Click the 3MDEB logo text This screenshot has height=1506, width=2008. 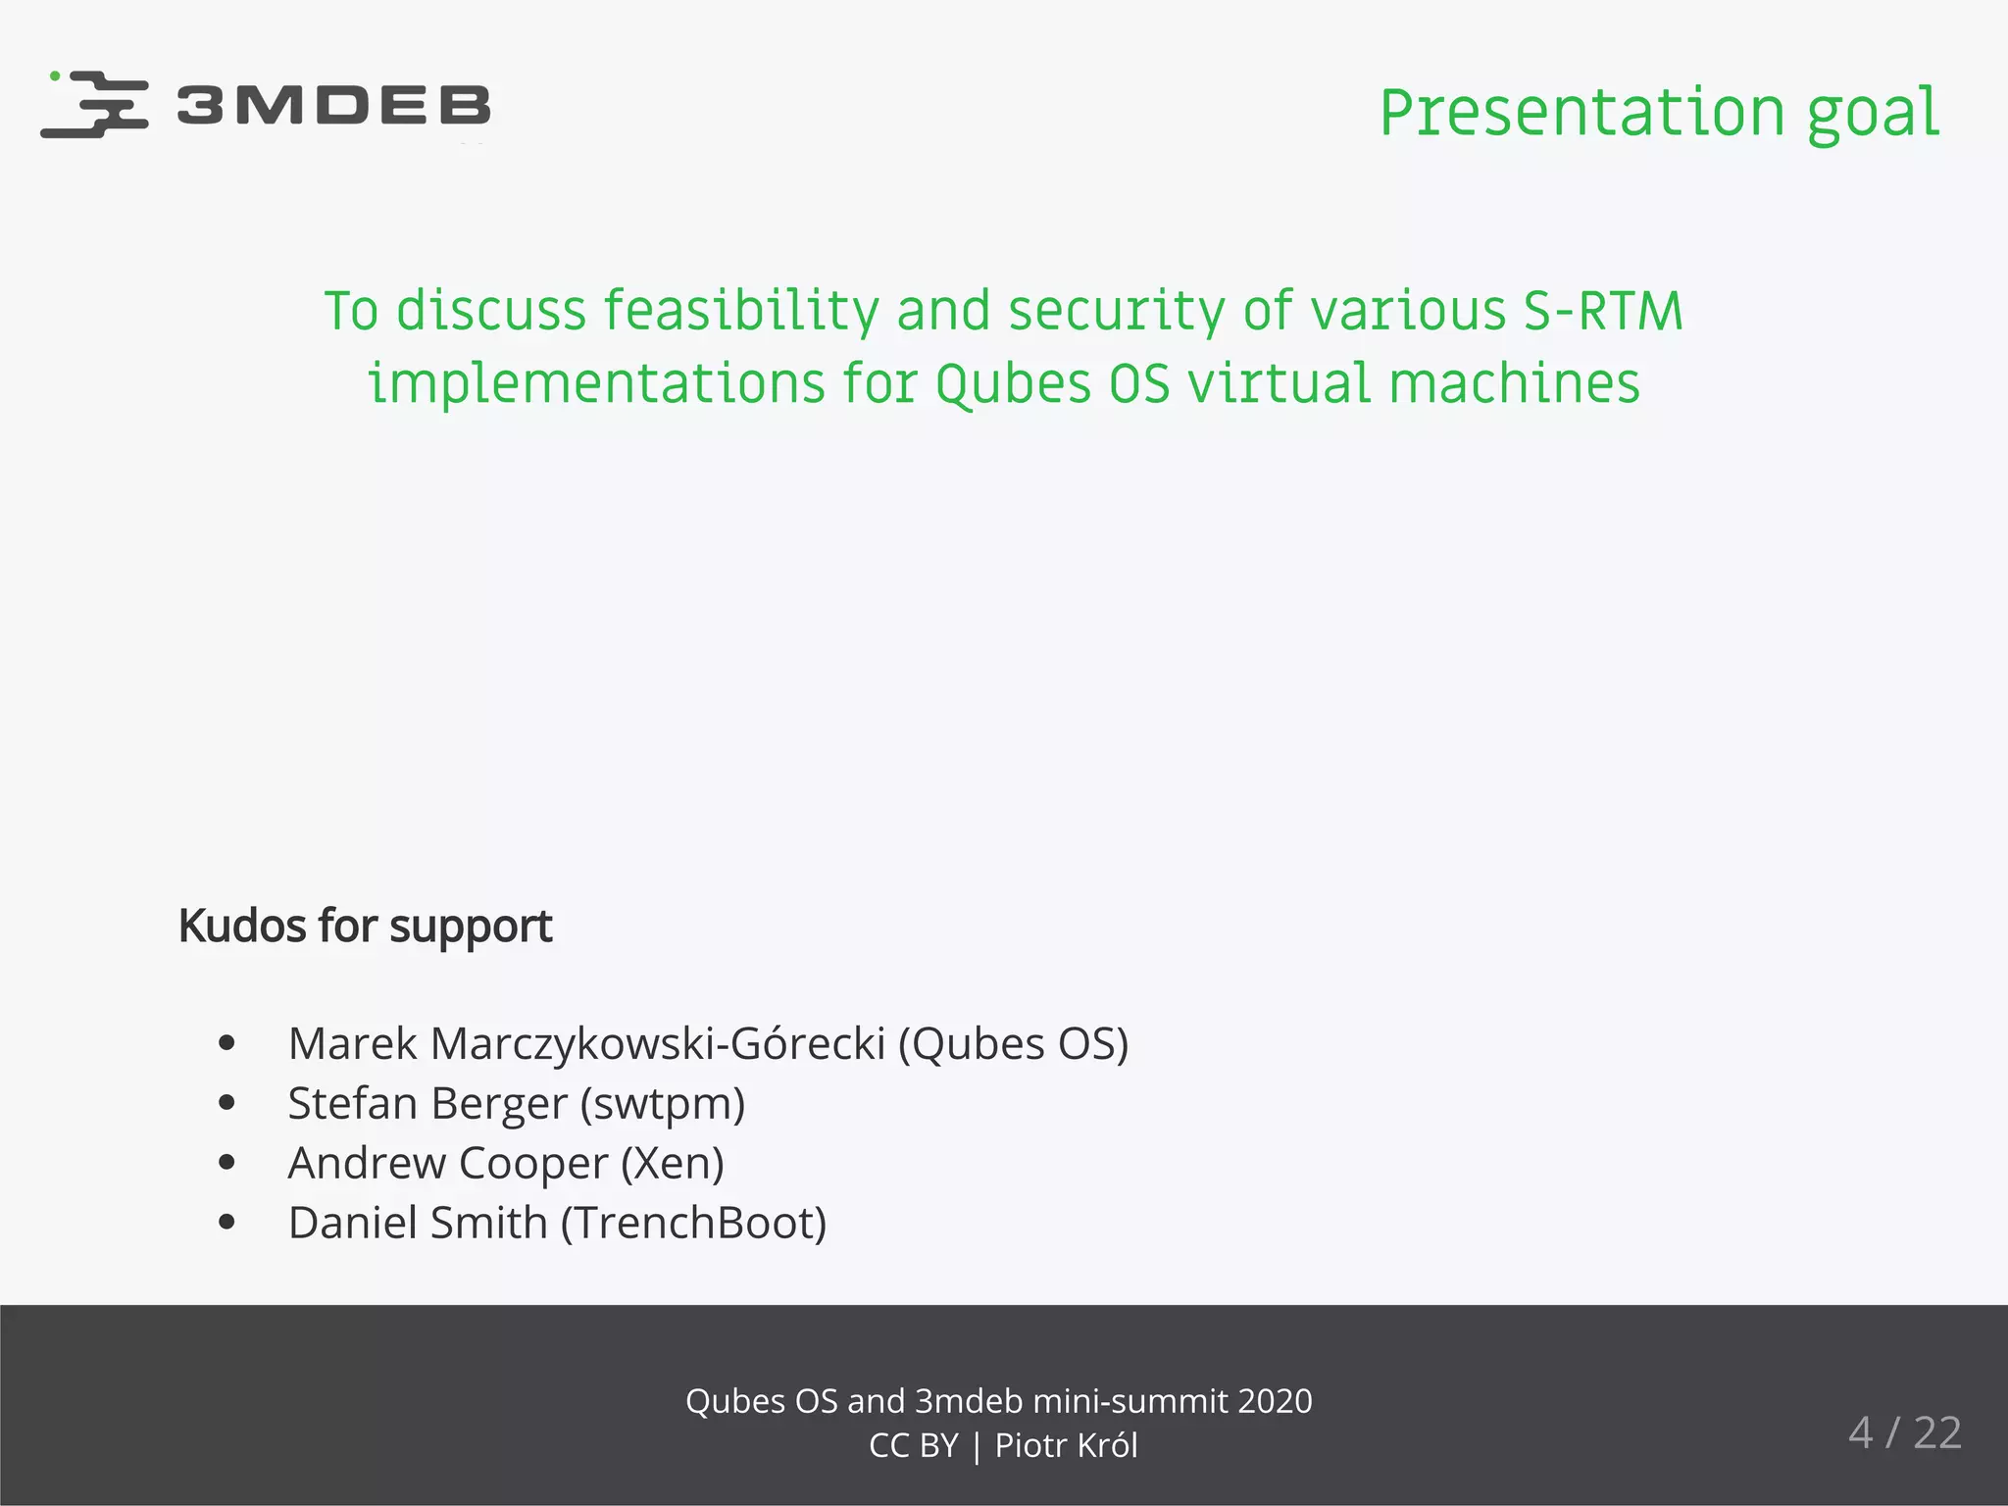coord(333,105)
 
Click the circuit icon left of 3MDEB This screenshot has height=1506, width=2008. coord(95,104)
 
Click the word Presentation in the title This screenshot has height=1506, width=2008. coord(1581,113)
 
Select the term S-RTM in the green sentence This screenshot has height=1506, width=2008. coord(1602,312)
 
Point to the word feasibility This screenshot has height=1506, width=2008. coord(740,312)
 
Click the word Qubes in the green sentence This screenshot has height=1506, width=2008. coord(1013,383)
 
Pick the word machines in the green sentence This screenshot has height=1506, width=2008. coord(1514,383)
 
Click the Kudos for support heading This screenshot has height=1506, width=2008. coord(365,926)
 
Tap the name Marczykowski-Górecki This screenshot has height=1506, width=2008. coord(658,1043)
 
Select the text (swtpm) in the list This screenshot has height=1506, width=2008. coord(663,1104)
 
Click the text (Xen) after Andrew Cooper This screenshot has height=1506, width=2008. coord(673,1164)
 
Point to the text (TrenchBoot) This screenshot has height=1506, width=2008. coord(694,1224)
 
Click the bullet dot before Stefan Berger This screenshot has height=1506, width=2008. coord(226,1103)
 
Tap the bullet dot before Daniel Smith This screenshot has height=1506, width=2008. coord(226,1222)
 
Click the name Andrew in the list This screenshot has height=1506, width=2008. coord(367,1164)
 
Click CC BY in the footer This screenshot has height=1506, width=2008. coord(913,1446)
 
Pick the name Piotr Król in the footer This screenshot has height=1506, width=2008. coord(1067,1446)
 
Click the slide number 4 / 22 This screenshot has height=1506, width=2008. coord(1904,1433)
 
